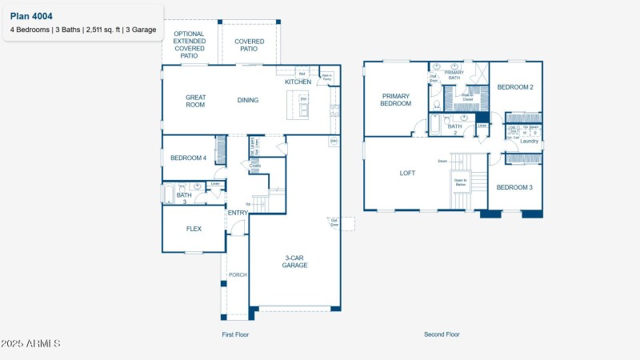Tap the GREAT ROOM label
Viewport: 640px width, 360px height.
click(x=196, y=101)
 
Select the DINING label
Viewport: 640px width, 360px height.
click(x=247, y=100)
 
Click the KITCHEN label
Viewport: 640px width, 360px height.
click(x=298, y=82)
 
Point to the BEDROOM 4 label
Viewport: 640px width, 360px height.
click(x=188, y=158)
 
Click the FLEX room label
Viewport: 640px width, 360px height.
click(x=194, y=228)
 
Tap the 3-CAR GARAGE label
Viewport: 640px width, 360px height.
click(x=295, y=261)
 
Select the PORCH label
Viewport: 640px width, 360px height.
click(x=238, y=274)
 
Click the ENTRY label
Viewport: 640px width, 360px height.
click(x=238, y=212)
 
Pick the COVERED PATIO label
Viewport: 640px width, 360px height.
click(x=250, y=45)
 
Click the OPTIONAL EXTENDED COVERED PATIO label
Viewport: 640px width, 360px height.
click(x=189, y=45)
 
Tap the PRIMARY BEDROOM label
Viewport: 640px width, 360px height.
click(x=395, y=99)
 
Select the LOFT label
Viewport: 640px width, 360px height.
click(x=408, y=172)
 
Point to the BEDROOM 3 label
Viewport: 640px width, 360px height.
click(x=514, y=187)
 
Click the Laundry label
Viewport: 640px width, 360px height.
click(x=529, y=142)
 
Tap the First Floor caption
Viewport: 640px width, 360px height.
click(x=235, y=334)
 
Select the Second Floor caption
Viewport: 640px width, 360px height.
click(x=442, y=334)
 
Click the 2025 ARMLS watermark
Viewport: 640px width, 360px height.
click(x=31, y=343)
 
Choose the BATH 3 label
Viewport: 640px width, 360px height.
click(x=184, y=198)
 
